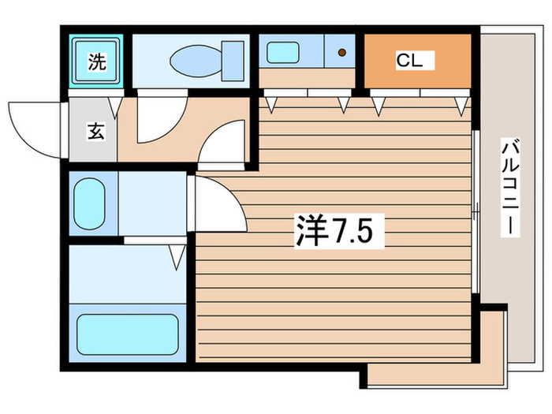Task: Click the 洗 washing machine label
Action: tap(95, 62)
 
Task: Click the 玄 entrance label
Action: tap(95, 132)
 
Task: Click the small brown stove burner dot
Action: tap(342, 54)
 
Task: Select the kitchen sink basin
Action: tap(282, 53)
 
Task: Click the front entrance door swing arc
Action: tap(35, 126)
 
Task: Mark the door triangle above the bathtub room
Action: tap(177, 255)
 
